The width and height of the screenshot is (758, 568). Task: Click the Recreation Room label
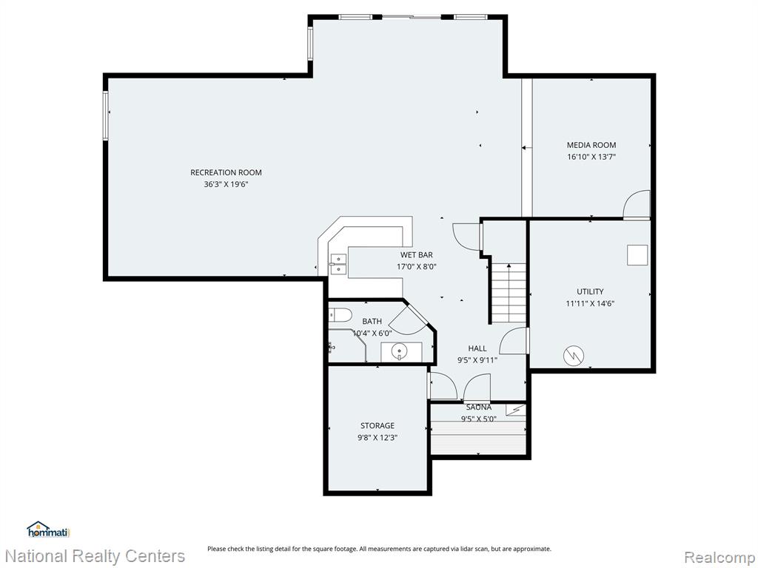[x=226, y=172]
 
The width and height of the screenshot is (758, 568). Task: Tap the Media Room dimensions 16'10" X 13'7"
[x=591, y=157]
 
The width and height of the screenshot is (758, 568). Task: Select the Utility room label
[x=590, y=291]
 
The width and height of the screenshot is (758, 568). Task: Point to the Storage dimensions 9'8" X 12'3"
[x=377, y=438]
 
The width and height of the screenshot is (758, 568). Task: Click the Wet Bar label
[x=416, y=254]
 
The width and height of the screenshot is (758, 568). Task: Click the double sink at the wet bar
[x=338, y=264]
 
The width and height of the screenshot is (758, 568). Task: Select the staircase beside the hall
[x=509, y=293]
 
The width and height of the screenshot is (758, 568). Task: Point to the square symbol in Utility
[x=637, y=255]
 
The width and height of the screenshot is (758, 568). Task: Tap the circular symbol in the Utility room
[x=574, y=356]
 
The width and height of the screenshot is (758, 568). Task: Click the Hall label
[x=477, y=348]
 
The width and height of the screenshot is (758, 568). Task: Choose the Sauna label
[x=479, y=408]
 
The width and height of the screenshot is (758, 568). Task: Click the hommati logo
[x=49, y=530]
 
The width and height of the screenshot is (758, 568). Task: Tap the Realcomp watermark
[x=719, y=557]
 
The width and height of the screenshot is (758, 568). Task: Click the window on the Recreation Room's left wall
[x=105, y=116]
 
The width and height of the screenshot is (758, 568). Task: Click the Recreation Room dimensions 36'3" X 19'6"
[x=226, y=184]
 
